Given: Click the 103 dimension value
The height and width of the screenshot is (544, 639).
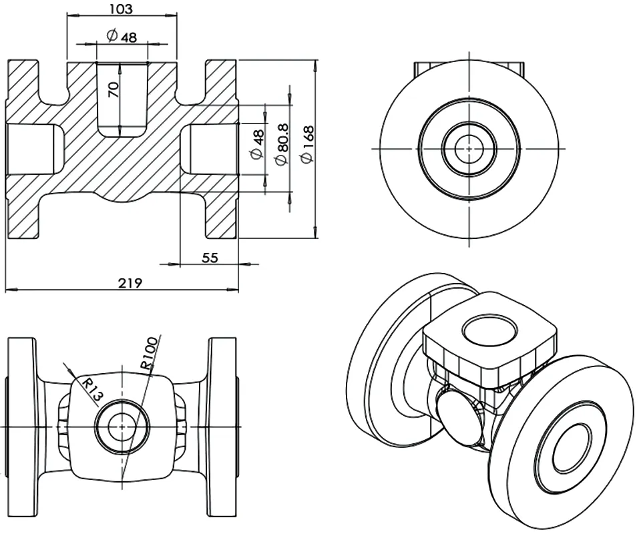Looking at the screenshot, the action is (x=122, y=9).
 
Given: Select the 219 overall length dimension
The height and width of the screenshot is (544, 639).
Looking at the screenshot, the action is (x=130, y=283).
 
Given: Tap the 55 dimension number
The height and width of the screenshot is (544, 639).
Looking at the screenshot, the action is (x=210, y=258).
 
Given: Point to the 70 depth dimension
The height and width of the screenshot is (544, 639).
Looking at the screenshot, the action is (x=114, y=89).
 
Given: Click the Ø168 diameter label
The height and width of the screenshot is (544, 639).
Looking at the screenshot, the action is (x=308, y=144).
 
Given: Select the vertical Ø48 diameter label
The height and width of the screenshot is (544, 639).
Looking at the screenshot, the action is (x=258, y=145).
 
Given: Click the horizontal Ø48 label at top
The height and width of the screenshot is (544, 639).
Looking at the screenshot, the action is (x=122, y=36).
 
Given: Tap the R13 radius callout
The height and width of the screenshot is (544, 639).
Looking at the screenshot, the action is (x=93, y=388).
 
